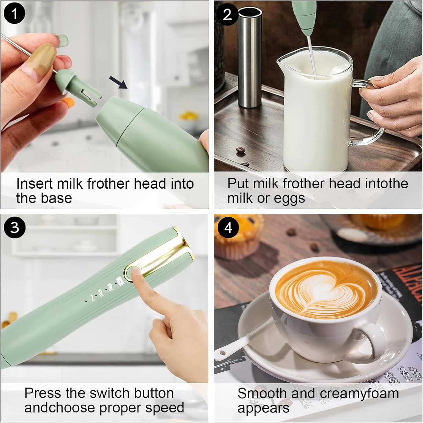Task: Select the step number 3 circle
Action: [x=15, y=227]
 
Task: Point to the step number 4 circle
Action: [x=228, y=227]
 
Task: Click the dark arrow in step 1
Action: [x=119, y=82]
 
